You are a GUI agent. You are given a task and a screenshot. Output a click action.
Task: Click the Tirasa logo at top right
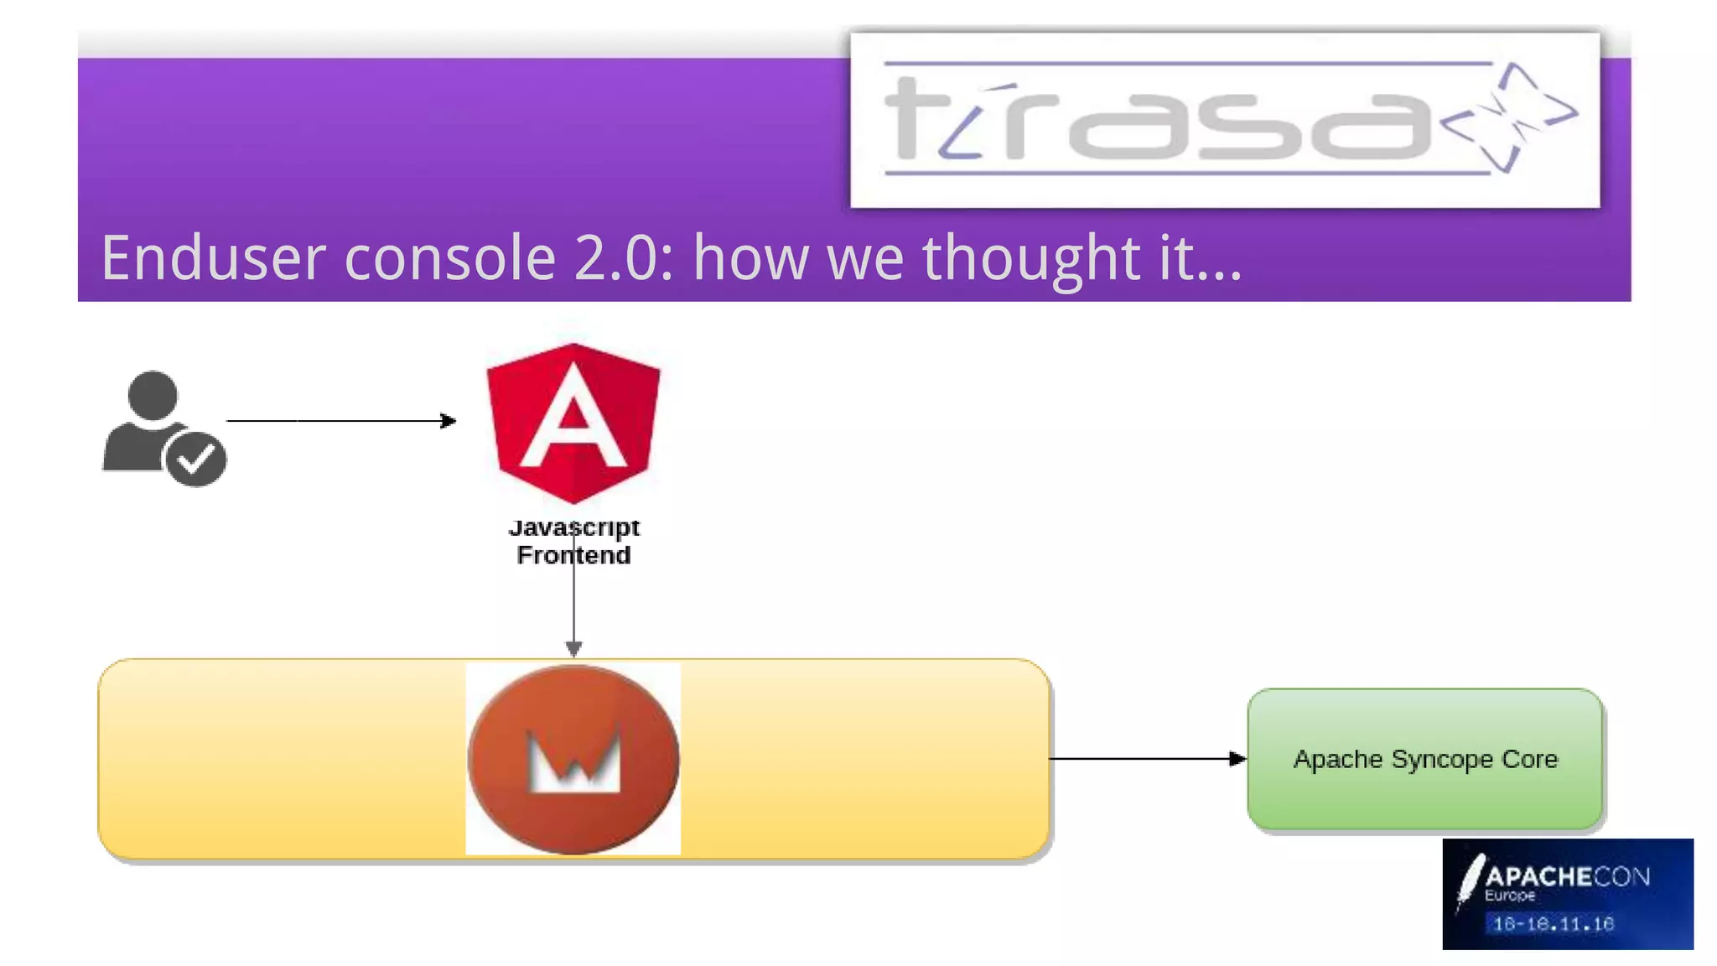coord(1224,120)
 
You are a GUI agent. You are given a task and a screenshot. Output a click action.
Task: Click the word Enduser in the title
coord(213,258)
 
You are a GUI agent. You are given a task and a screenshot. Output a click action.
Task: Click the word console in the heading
coord(450,258)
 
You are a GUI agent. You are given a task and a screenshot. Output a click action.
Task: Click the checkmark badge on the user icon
coord(196,459)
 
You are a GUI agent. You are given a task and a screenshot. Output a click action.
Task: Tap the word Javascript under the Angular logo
coord(573,527)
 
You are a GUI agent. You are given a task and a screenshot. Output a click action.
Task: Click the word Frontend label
coord(573,555)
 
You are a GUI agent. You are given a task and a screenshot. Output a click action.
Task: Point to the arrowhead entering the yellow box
coord(573,649)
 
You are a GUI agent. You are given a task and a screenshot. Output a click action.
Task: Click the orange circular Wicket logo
coord(573,759)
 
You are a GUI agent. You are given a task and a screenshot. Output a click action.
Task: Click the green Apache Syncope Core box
coord(1425,759)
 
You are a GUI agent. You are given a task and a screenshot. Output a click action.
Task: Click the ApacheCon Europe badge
coord(1568,894)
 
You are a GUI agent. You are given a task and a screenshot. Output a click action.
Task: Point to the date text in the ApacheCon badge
coord(1553,924)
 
